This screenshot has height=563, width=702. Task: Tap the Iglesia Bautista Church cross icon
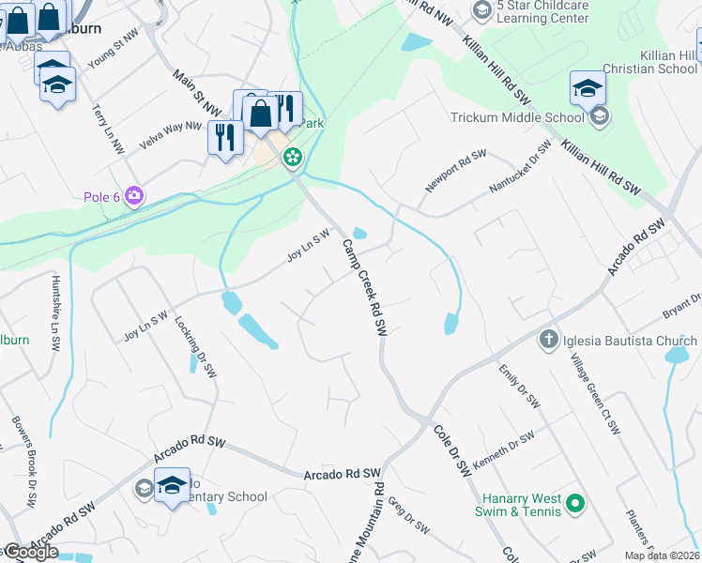[550, 339]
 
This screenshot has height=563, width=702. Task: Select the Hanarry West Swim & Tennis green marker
[575, 505]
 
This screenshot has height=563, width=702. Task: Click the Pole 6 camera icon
[135, 195]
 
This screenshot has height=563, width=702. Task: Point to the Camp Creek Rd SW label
[364, 287]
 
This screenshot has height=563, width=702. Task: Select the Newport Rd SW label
[456, 171]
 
